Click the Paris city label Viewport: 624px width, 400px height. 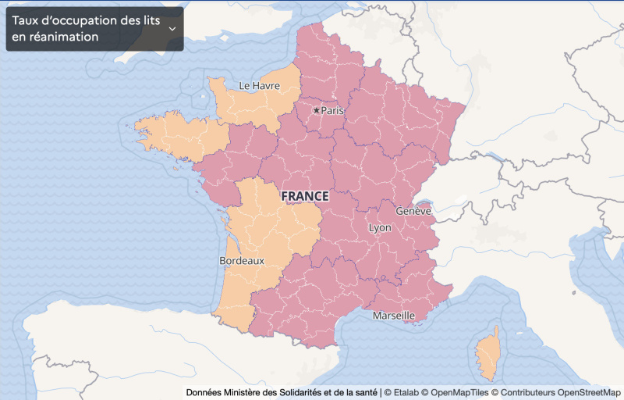(x=333, y=110)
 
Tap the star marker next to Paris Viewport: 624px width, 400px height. (x=316, y=110)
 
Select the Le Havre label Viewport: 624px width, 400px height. (x=259, y=85)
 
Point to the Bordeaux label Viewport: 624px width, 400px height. (x=242, y=260)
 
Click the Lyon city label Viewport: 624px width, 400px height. (x=380, y=227)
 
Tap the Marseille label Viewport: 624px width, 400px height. (x=394, y=316)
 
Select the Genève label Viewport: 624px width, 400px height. (x=413, y=211)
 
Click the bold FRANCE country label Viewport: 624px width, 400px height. (x=304, y=196)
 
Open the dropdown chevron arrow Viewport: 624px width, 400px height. (x=172, y=29)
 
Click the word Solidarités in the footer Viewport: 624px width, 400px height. (x=307, y=391)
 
